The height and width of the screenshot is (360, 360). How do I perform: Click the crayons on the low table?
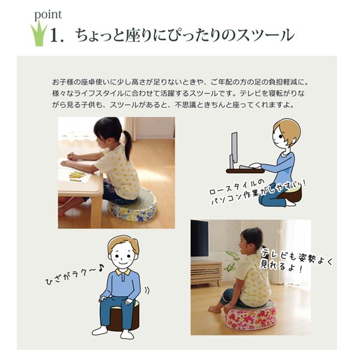(x=77, y=176)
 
